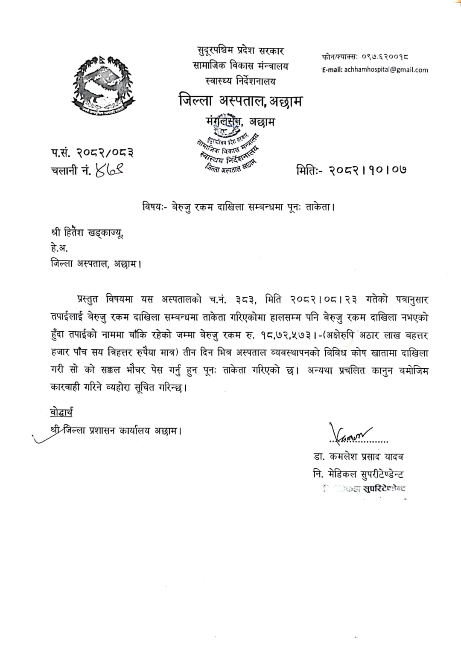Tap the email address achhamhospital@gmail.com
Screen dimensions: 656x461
tap(386, 70)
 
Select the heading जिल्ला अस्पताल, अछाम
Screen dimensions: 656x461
tap(240, 101)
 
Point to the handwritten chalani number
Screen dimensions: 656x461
tap(110, 171)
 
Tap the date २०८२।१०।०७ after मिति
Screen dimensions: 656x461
tap(367, 171)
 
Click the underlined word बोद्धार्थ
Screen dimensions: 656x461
tap(61, 412)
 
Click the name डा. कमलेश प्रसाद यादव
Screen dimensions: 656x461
tap(358, 457)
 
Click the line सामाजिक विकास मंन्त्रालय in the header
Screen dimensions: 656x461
tap(240, 66)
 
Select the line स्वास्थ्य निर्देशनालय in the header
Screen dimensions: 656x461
tap(240, 81)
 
